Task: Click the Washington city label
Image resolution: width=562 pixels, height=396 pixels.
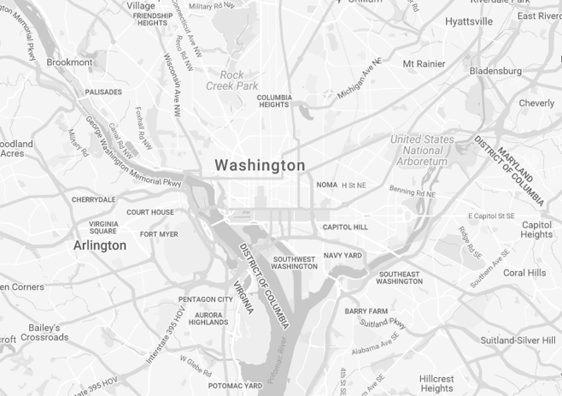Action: click(x=260, y=165)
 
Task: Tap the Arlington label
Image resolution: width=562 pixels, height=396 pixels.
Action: click(x=99, y=245)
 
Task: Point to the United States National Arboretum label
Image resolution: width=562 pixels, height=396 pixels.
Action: click(x=422, y=151)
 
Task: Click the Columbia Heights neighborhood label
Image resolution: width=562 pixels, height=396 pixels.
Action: click(x=274, y=101)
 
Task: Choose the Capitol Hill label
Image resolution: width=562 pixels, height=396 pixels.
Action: click(x=345, y=228)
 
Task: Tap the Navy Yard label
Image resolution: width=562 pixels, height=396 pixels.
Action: click(x=342, y=256)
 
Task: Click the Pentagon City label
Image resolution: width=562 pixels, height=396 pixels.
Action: click(x=205, y=299)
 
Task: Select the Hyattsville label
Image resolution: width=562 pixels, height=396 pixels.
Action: click(x=469, y=21)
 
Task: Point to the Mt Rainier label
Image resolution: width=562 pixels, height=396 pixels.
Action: click(x=424, y=63)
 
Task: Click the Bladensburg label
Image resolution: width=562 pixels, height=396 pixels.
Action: click(x=495, y=71)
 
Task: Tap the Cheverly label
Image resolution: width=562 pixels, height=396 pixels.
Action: click(x=536, y=103)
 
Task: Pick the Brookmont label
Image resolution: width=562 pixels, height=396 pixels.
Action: click(x=69, y=62)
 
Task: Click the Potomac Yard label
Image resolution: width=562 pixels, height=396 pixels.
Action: click(x=235, y=386)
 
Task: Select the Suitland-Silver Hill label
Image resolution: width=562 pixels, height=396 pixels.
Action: click(x=517, y=340)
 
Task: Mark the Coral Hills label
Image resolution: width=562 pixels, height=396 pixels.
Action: click(x=524, y=273)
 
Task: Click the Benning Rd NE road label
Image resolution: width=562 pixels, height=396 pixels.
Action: click(x=413, y=192)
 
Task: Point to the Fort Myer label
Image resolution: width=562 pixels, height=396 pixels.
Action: click(x=159, y=234)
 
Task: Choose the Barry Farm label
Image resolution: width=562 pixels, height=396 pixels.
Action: click(x=366, y=311)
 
